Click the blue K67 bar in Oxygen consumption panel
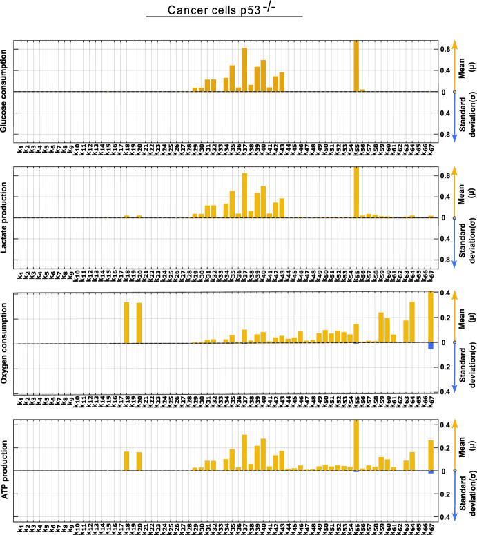coord(431,346)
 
